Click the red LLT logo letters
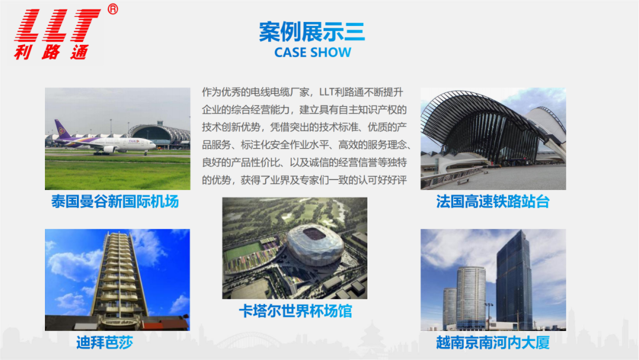(57, 25)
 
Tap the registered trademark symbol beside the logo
(113, 9)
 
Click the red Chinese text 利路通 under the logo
(51, 52)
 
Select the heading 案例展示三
(312, 32)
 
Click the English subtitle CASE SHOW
(312, 53)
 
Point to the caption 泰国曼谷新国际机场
(115, 201)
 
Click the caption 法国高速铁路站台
(493, 201)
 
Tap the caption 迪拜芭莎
(105, 342)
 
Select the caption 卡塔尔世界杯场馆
(295, 311)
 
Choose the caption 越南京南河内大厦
(493, 342)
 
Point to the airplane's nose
(153, 144)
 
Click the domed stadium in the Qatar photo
(315, 244)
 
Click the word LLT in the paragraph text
(327, 92)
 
